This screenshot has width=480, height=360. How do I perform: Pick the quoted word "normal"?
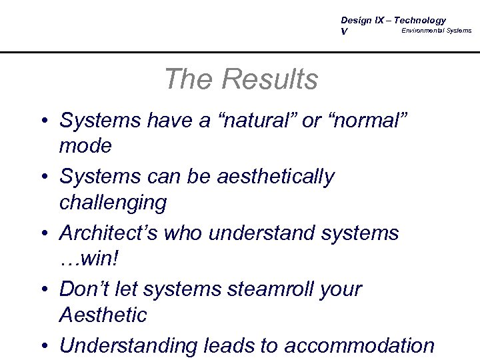368,121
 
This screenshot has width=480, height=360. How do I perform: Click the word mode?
85,145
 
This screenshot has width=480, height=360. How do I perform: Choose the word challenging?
113,201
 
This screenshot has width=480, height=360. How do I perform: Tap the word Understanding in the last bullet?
127,346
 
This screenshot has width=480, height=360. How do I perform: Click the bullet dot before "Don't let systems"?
44,290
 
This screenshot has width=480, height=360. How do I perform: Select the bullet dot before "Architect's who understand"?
44,234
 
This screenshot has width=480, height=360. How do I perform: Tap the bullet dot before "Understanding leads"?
44,347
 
